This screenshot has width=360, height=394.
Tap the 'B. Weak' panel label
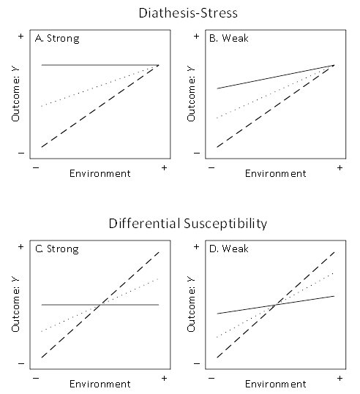pos(230,39)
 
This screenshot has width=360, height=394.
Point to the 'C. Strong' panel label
pos(56,249)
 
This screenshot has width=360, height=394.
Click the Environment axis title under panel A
pos(100,173)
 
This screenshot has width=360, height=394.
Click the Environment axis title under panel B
pos(275,173)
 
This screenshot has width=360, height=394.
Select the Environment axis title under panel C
pos(100,384)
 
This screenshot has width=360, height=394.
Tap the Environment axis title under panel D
pos(275,384)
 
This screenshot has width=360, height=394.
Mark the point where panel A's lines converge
pos(157,66)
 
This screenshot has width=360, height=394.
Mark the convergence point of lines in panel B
pos(334,66)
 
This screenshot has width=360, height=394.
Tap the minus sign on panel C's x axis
pos(36,379)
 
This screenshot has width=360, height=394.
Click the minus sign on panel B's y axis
pos(195,153)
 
